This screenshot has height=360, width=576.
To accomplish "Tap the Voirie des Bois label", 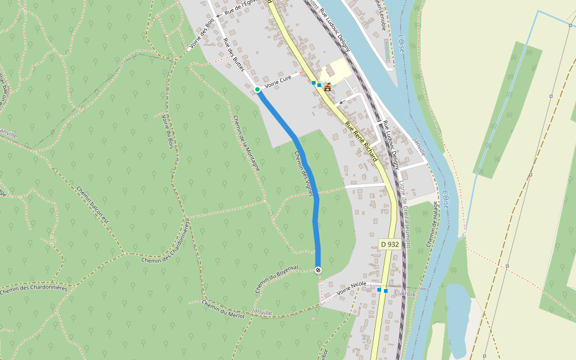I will tap(202, 33).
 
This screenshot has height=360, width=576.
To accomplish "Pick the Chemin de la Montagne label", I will tap(246, 143).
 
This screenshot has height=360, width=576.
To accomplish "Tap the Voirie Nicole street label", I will tap(352, 287).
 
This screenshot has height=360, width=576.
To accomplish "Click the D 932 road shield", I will tap(389, 245).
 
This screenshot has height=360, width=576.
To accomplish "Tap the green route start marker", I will tap(257, 89).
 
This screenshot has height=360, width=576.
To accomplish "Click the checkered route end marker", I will tap(318, 270).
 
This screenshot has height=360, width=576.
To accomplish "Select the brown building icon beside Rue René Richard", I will tap(328, 86).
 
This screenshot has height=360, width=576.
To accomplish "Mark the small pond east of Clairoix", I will tap(457, 318).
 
